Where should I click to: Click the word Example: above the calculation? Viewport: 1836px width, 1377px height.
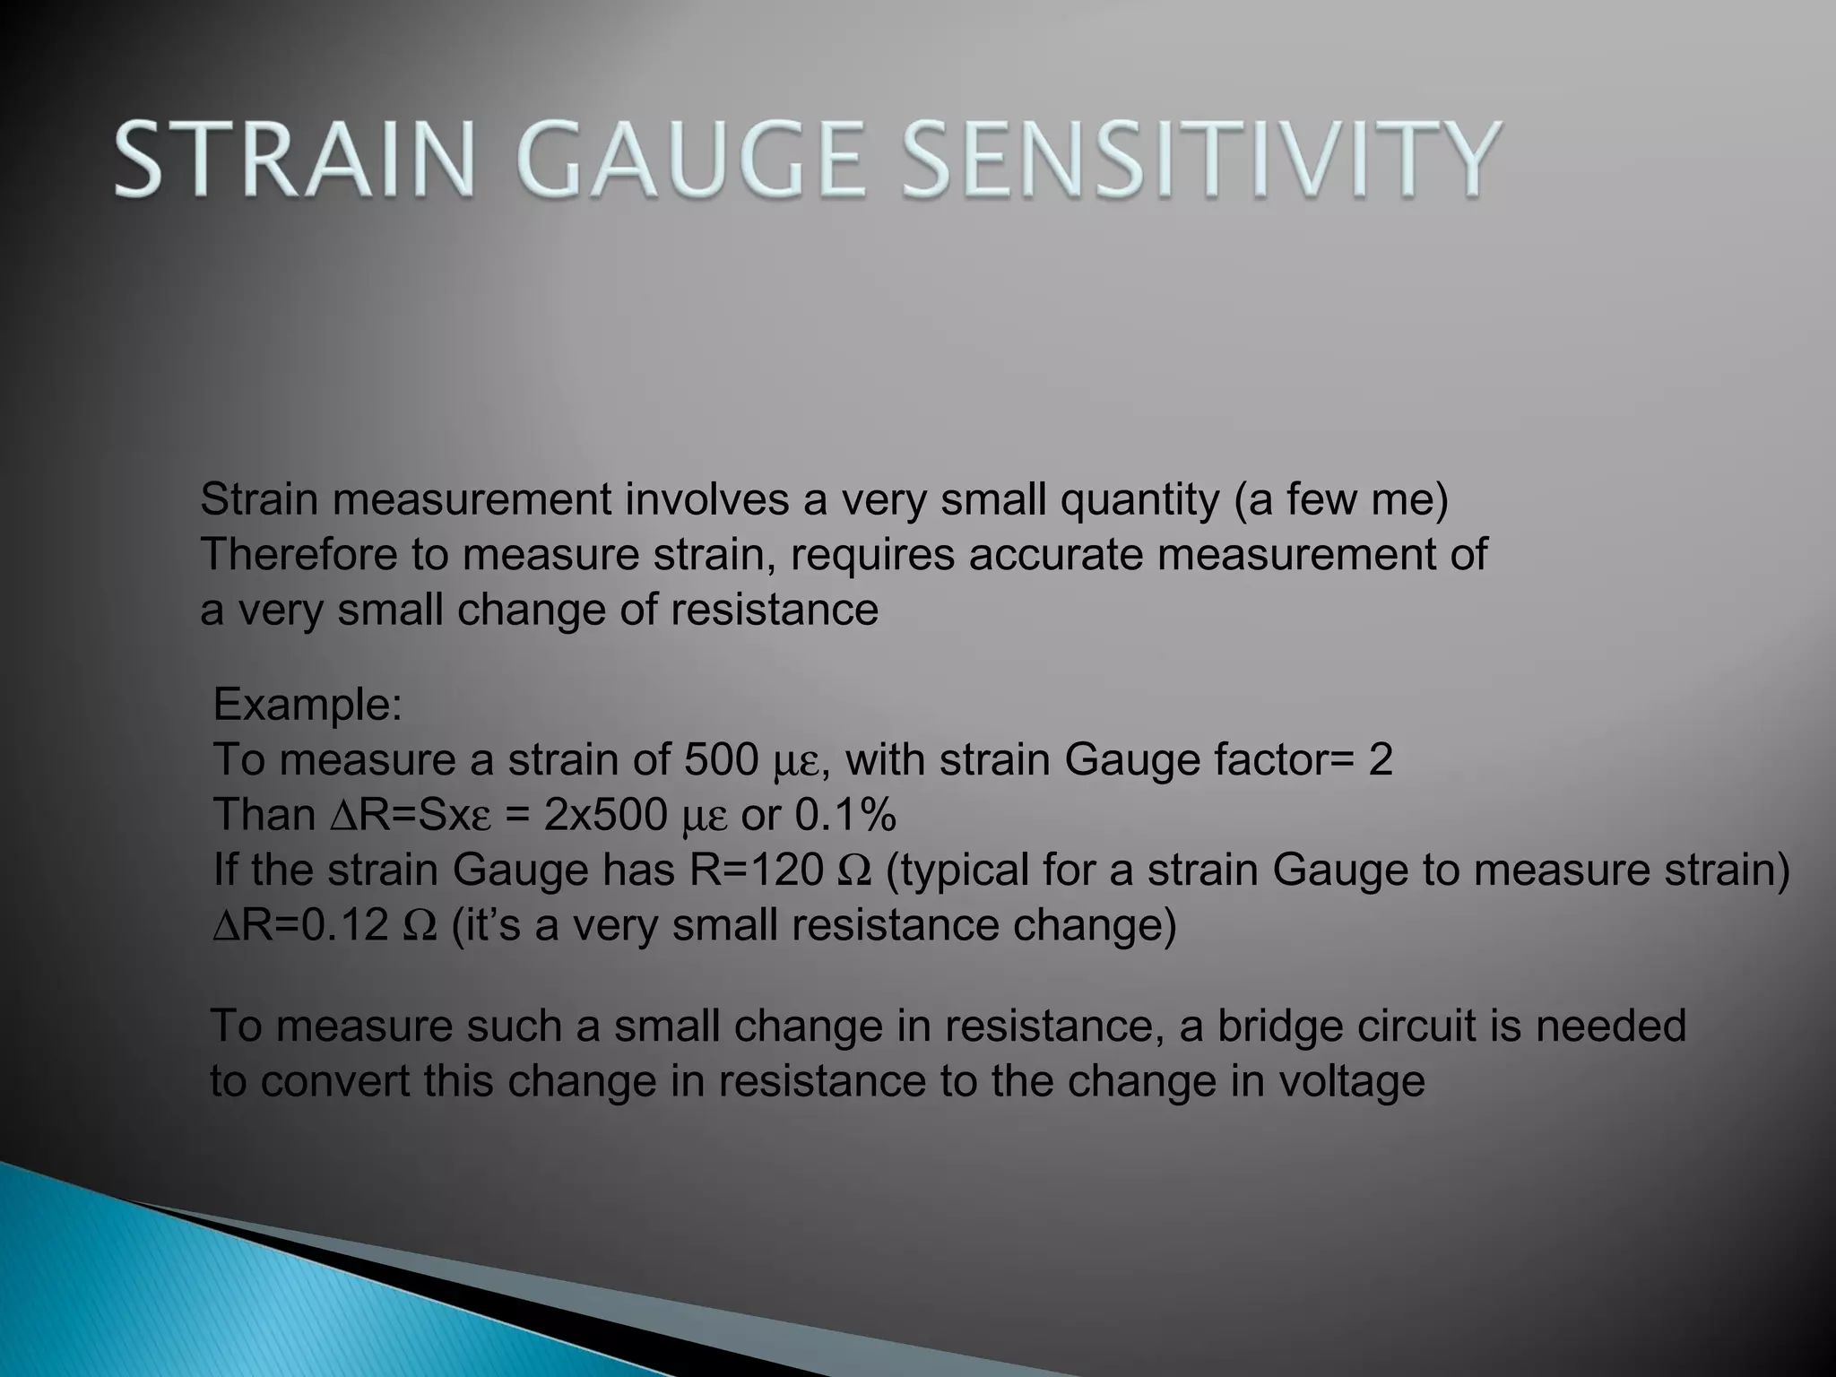pos(307,705)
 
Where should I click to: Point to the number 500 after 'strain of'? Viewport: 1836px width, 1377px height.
pos(722,760)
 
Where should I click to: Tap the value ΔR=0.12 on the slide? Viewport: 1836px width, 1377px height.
pos(300,925)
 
